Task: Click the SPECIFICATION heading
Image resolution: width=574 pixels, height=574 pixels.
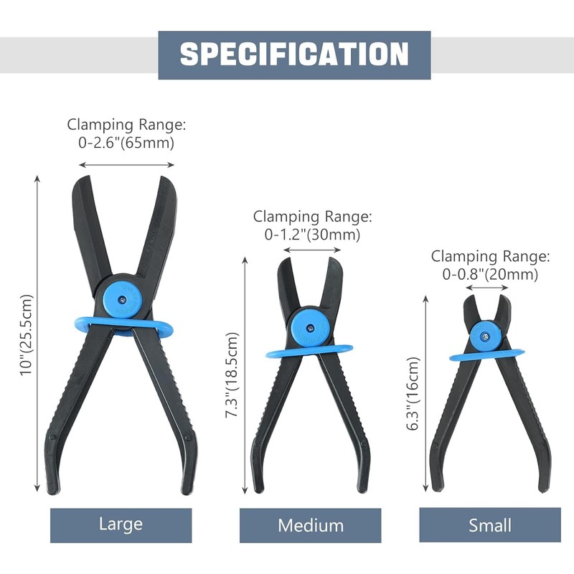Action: [x=294, y=55]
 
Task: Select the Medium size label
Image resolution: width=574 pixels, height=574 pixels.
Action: [x=311, y=525]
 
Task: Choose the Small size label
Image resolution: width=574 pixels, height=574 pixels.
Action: [x=490, y=525]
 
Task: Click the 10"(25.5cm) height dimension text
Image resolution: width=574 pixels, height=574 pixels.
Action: [x=27, y=337]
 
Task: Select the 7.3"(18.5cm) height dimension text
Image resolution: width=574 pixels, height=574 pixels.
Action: [x=231, y=374]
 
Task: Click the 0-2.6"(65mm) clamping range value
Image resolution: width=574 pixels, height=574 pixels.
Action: [x=126, y=143]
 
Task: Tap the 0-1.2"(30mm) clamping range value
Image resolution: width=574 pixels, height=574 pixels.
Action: [x=312, y=234]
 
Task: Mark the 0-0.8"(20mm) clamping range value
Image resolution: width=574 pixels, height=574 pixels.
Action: [x=490, y=274]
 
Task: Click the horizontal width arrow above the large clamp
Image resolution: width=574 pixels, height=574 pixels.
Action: [x=126, y=165]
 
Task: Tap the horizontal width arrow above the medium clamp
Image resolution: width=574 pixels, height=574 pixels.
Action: [x=312, y=250]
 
